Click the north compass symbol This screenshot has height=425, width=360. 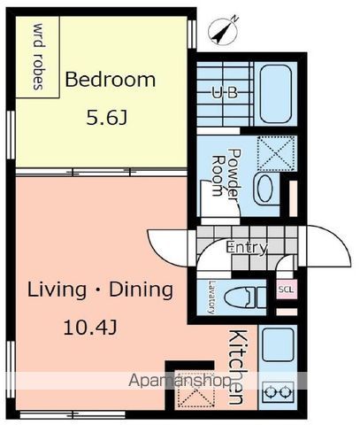[x=223, y=30]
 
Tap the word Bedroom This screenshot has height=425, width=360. [x=110, y=80]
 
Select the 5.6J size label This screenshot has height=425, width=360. [x=107, y=118]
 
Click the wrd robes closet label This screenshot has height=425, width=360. [x=39, y=57]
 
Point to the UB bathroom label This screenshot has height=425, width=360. [x=225, y=93]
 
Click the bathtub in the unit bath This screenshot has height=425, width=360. [x=276, y=94]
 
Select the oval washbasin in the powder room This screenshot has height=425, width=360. [x=265, y=189]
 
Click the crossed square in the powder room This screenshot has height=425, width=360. [x=276, y=153]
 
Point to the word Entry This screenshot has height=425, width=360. [x=247, y=247]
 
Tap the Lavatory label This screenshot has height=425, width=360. [x=211, y=297]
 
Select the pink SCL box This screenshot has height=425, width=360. [x=286, y=290]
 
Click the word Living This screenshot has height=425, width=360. [x=57, y=290]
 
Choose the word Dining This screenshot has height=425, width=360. [x=141, y=290]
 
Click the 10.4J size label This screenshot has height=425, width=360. [x=90, y=328]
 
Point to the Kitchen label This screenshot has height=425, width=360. [x=237, y=367]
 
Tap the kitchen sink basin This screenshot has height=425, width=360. [x=278, y=344]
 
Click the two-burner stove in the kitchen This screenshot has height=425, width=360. [x=278, y=392]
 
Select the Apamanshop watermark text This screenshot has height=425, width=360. [x=180, y=381]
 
